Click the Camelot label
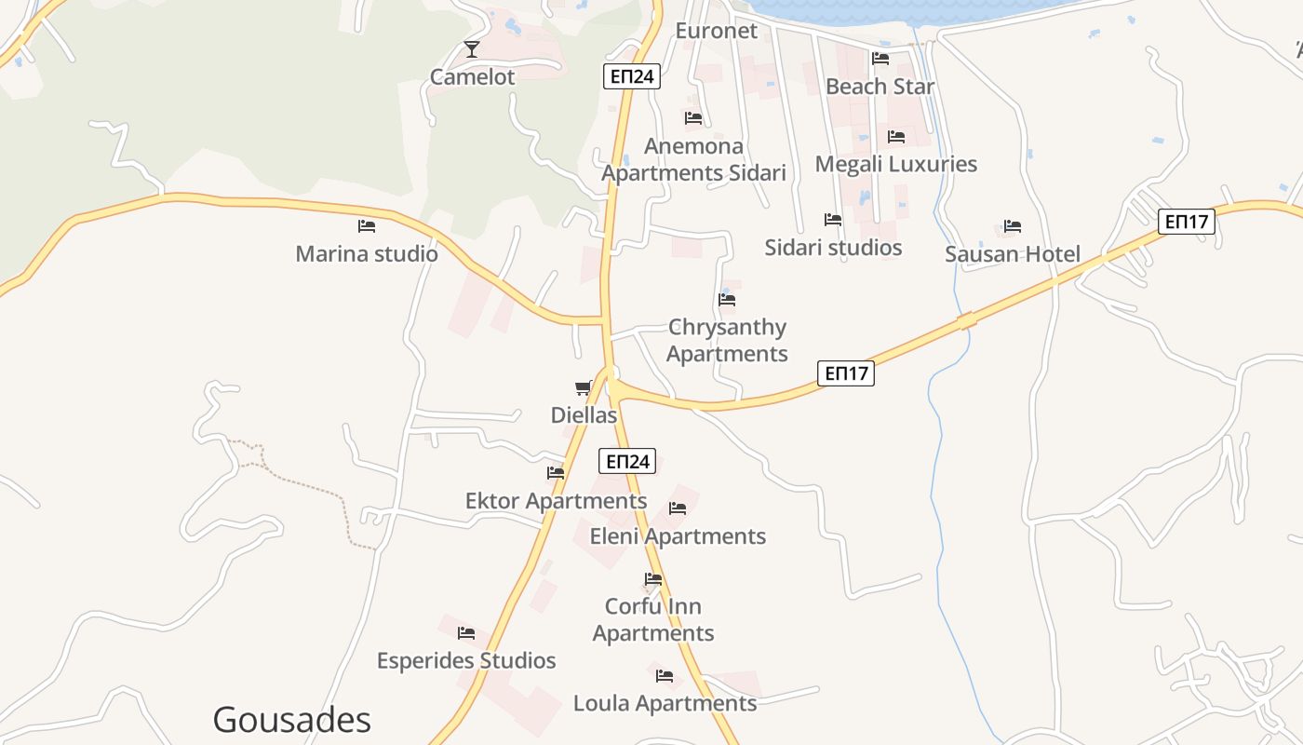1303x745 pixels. (x=472, y=77)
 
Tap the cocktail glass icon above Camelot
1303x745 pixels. (x=472, y=49)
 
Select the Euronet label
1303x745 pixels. (x=717, y=31)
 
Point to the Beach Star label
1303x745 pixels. (x=880, y=87)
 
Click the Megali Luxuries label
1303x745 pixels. (x=895, y=164)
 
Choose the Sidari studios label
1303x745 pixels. (x=833, y=248)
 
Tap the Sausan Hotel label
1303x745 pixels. (x=1013, y=254)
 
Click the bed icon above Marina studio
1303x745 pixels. (x=367, y=225)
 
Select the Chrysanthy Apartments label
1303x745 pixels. (x=727, y=341)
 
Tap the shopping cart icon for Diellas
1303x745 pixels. (x=584, y=387)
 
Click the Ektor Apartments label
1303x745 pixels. (x=556, y=501)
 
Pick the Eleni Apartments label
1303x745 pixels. (x=678, y=536)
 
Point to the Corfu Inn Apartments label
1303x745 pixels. (x=653, y=620)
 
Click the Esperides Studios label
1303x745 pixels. (x=466, y=661)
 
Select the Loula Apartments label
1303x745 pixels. (x=665, y=704)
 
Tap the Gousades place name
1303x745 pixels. (x=291, y=720)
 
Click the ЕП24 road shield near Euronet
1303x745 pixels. (x=632, y=76)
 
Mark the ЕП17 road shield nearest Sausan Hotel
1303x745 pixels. (x=1187, y=222)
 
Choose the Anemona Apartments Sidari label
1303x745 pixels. (x=693, y=159)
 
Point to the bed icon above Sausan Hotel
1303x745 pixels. (x=1013, y=226)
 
